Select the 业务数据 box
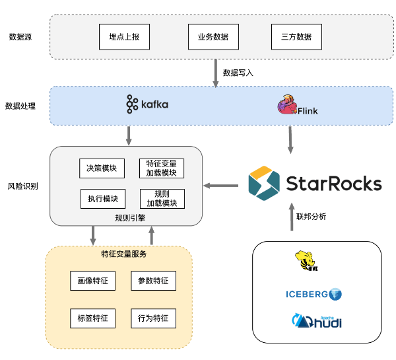coord(213,37)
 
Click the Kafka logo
coord(147,104)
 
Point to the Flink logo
coord(298,106)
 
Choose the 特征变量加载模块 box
coord(162,168)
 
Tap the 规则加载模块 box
coord(162,199)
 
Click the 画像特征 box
coord(92,281)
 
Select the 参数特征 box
coord(153,281)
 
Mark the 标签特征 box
coord(92,318)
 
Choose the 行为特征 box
coord(153,318)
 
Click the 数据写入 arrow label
coord(238,73)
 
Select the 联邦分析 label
coord(311,217)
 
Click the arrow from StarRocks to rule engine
coord(220,186)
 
